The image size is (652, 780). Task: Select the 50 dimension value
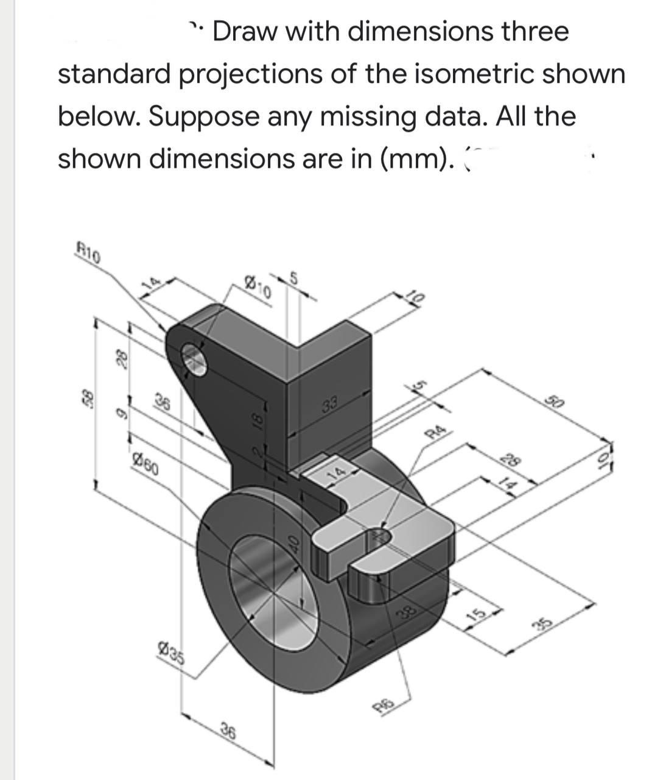tap(554, 403)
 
